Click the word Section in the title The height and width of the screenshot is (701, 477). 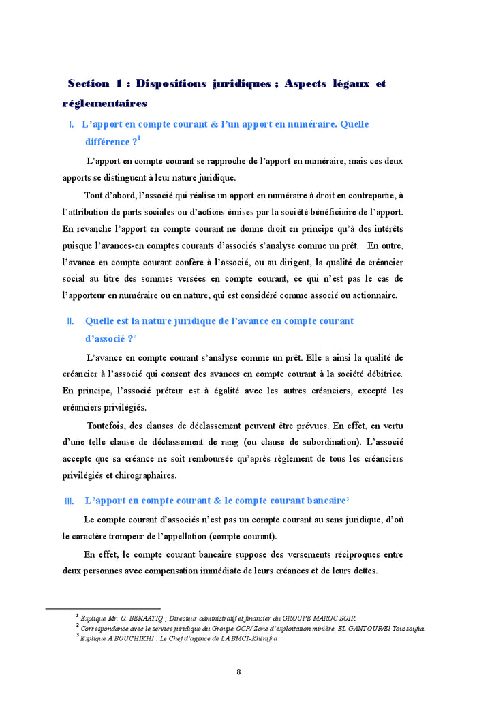(89, 83)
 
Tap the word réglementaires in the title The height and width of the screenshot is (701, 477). (104, 104)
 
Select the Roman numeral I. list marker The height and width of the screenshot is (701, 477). (72, 125)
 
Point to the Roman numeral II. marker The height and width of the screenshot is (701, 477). (70, 320)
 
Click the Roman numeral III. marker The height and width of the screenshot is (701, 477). (70, 501)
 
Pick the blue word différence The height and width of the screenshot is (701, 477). (107, 142)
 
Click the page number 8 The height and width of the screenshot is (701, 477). (238, 672)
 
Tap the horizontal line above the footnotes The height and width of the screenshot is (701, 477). (103, 608)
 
